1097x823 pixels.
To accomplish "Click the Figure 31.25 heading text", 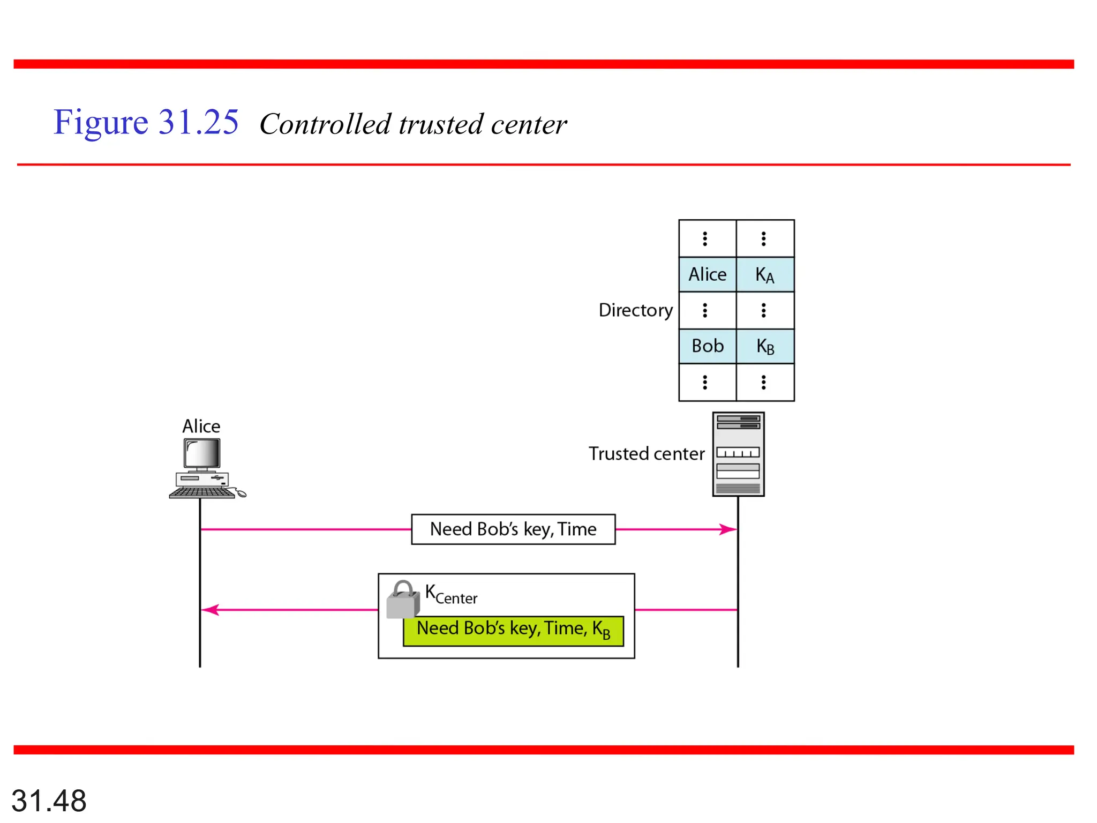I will click(146, 123).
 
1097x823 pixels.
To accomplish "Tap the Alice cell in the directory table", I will click(707, 274).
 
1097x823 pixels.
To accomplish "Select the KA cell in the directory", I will click(765, 275).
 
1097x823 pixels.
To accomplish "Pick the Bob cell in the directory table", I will click(707, 346).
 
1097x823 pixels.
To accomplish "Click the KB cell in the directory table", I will click(765, 347).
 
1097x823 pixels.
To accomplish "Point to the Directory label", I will click(635, 310).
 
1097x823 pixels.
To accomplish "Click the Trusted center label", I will click(647, 454).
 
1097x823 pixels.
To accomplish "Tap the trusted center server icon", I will click(738, 454).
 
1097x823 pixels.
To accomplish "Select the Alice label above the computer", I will click(201, 426).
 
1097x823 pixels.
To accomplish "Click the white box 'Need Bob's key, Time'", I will click(513, 529).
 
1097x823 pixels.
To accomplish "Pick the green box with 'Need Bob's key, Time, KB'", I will click(513, 631).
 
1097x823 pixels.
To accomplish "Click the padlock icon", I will click(403, 601).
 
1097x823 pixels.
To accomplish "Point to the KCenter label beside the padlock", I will click(451, 595).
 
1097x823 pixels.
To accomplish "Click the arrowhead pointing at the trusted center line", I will click(728, 529).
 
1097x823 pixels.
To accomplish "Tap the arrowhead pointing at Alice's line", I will click(210, 610).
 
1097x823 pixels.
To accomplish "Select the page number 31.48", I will click(49, 800).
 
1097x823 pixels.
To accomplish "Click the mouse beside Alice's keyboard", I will click(242, 493).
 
